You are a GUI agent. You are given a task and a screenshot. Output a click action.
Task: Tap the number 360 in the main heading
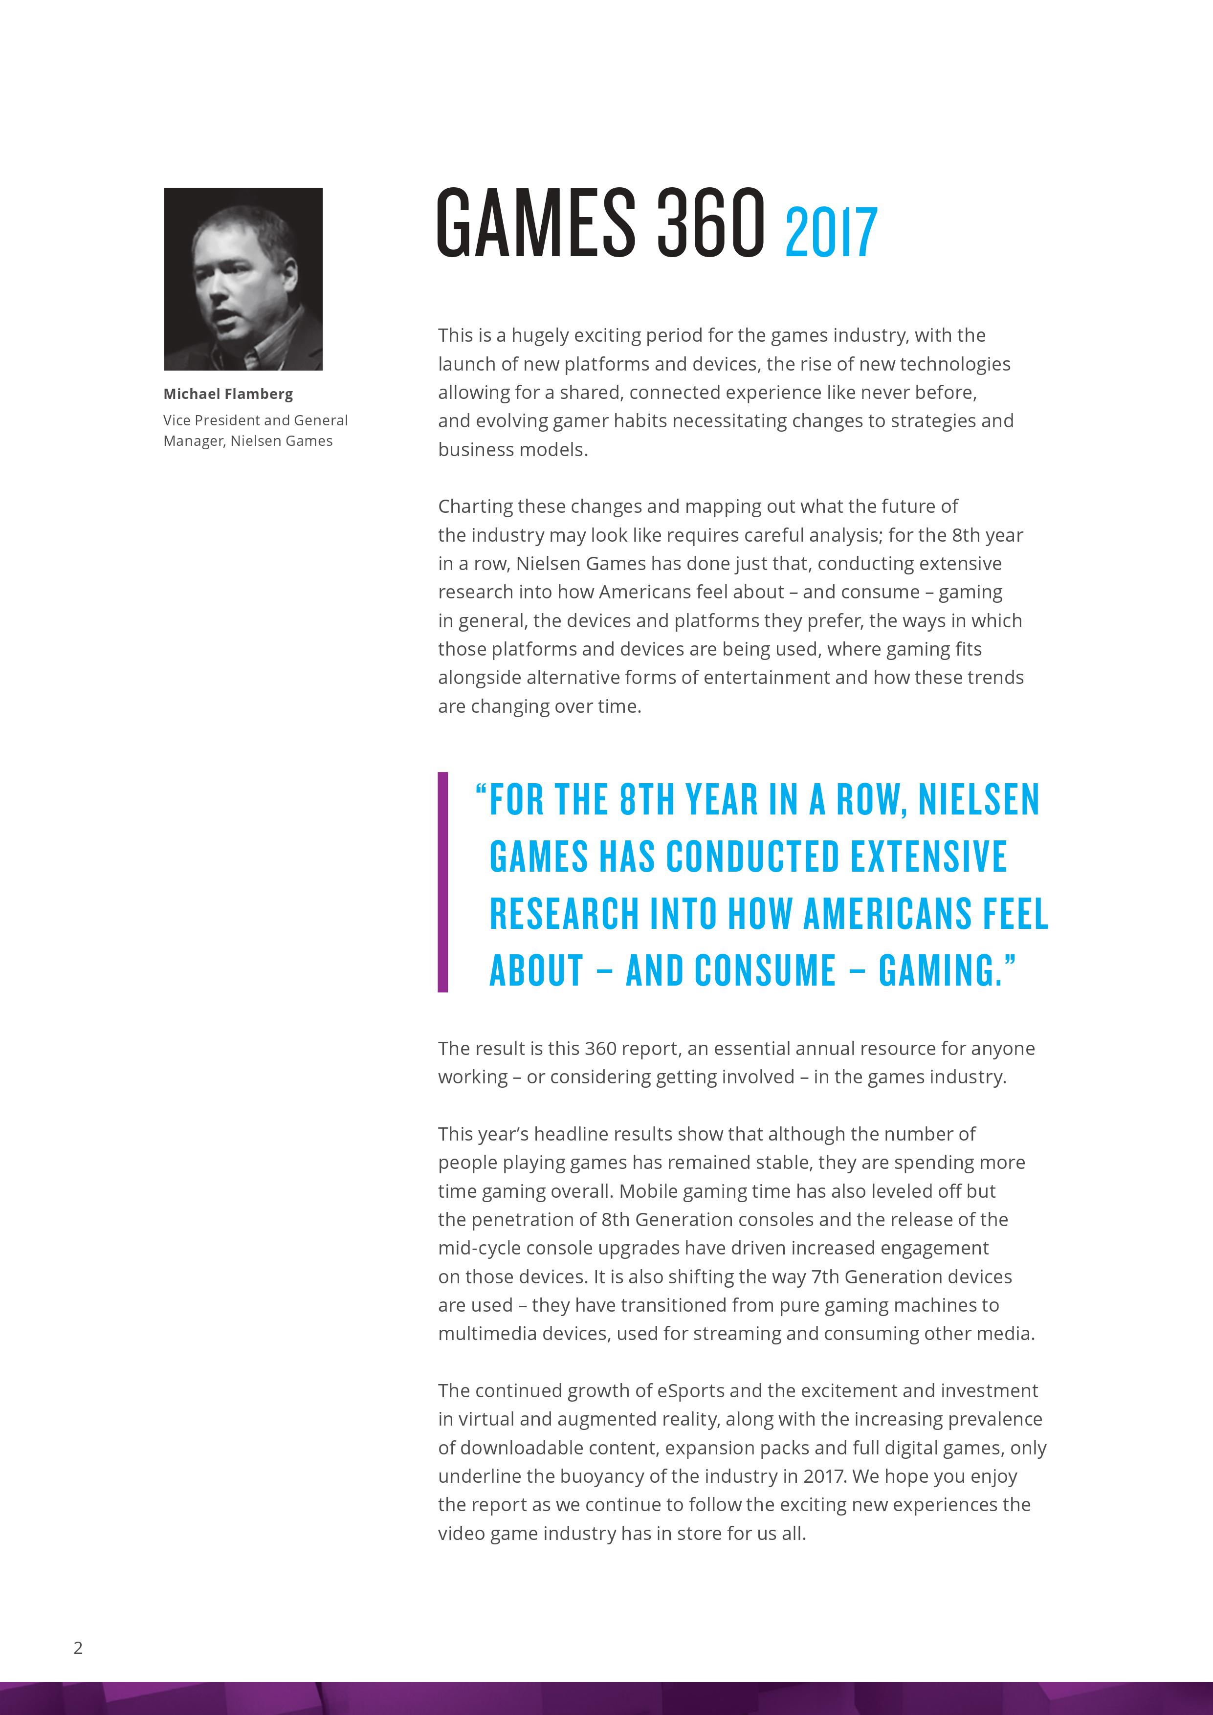(x=710, y=222)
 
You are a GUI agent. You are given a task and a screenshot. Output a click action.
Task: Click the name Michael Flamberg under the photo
(x=228, y=394)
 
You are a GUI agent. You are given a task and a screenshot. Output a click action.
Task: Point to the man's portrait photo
(x=243, y=279)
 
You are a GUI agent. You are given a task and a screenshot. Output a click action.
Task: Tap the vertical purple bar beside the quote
(x=443, y=881)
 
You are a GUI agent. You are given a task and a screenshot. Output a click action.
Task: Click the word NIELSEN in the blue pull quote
(x=978, y=799)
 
